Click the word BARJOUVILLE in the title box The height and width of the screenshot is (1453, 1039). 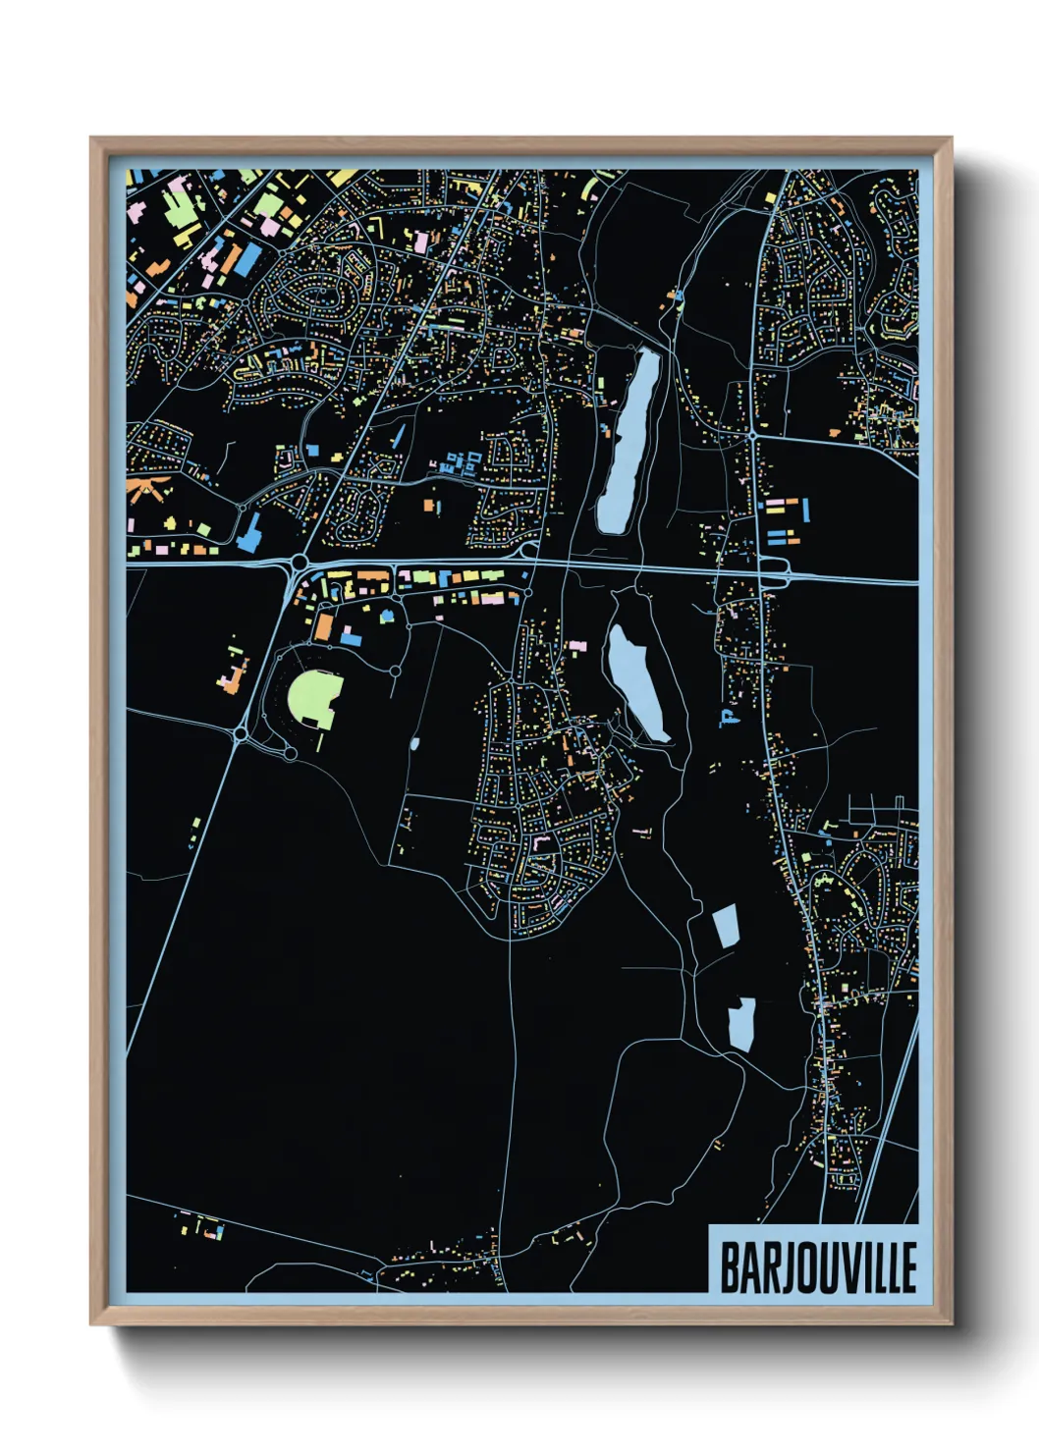[x=818, y=1267]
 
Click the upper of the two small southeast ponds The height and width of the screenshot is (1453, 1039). [x=725, y=926]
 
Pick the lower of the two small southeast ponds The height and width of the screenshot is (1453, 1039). [x=741, y=1025]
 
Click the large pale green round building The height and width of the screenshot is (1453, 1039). [x=314, y=699]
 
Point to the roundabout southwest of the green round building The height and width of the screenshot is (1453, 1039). [x=241, y=733]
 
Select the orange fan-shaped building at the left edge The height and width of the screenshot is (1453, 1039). [x=148, y=487]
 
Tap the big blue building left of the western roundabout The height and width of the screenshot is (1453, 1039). [x=250, y=530]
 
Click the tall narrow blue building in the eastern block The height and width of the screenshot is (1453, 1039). [x=806, y=511]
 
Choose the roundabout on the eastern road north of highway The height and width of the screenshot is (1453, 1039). [x=752, y=433]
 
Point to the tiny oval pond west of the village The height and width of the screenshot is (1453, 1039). [x=413, y=743]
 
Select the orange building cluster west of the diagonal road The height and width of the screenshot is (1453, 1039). [x=234, y=675]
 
